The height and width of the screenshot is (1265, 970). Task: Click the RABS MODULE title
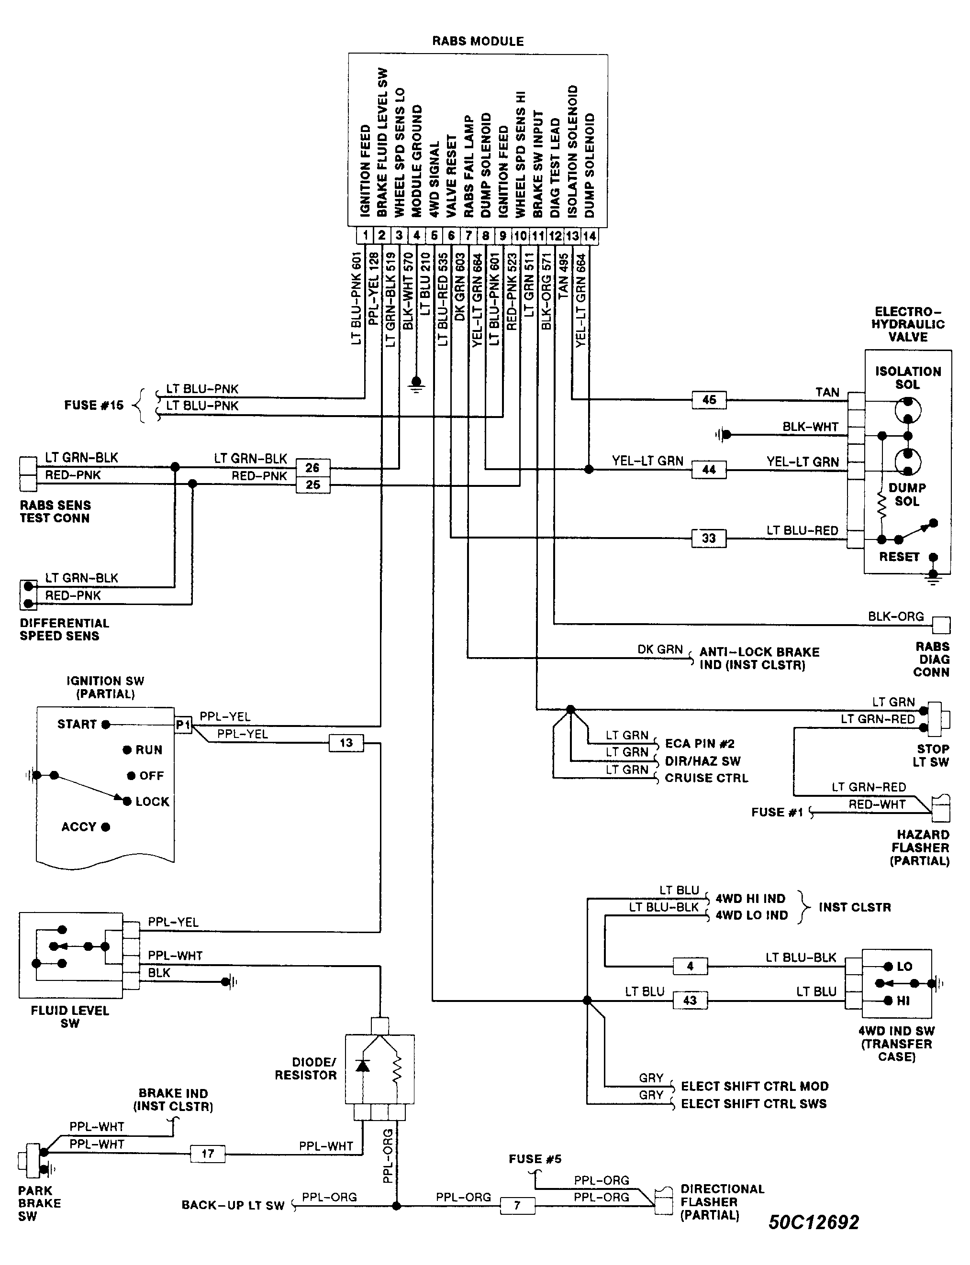tap(478, 42)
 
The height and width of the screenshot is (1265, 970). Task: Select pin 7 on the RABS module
tap(468, 235)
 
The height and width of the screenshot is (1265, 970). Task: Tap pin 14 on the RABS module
tap(590, 235)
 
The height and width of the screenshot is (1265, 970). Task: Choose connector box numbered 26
tap(312, 467)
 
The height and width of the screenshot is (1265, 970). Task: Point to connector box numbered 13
tap(346, 743)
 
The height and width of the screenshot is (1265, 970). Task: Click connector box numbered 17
tap(208, 1154)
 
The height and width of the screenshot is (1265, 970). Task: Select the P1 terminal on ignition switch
tap(183, 724)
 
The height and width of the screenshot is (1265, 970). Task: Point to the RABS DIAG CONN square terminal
tap(941, 625)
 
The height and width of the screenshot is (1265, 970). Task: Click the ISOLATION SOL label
tap(908, 378)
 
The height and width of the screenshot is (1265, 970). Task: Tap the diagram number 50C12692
tap(814, 1222)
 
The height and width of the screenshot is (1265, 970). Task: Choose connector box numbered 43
tap(690, 1000)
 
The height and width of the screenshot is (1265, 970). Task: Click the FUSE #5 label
tap(535, 1159)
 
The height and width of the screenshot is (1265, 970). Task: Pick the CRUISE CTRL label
tap(706, 778)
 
